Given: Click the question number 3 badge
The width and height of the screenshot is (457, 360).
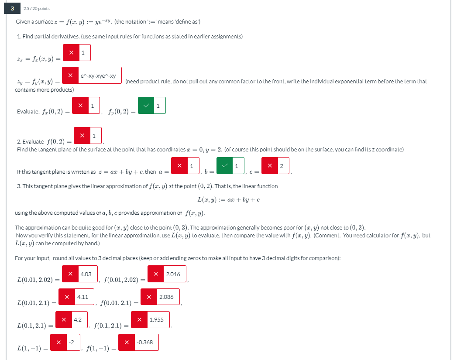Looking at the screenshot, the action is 12,8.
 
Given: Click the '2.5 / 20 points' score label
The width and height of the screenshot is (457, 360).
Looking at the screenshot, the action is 36,9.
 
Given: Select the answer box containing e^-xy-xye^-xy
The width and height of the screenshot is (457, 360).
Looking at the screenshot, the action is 100,75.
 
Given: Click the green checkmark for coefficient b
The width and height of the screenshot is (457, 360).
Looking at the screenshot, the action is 225,166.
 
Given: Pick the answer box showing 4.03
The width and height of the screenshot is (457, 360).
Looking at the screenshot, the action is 88,274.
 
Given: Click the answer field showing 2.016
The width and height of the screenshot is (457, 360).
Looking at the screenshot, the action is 175,274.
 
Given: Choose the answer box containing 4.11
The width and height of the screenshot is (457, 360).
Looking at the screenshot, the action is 84,297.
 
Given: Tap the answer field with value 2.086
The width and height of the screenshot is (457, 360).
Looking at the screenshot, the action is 168,297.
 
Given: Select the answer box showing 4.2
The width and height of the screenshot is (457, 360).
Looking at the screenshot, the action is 79,319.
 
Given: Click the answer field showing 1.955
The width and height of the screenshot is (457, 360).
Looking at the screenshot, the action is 158,319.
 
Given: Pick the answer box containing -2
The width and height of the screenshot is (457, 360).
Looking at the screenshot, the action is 73,342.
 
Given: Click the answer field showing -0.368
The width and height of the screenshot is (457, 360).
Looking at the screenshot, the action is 147,342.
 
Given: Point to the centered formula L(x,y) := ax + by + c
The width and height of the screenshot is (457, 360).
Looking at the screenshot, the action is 229,200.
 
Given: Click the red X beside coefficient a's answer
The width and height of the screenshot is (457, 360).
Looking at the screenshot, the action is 179,166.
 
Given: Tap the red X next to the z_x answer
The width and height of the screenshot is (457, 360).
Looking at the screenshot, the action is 71,53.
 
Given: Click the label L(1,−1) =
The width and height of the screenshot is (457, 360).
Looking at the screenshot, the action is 33,348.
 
